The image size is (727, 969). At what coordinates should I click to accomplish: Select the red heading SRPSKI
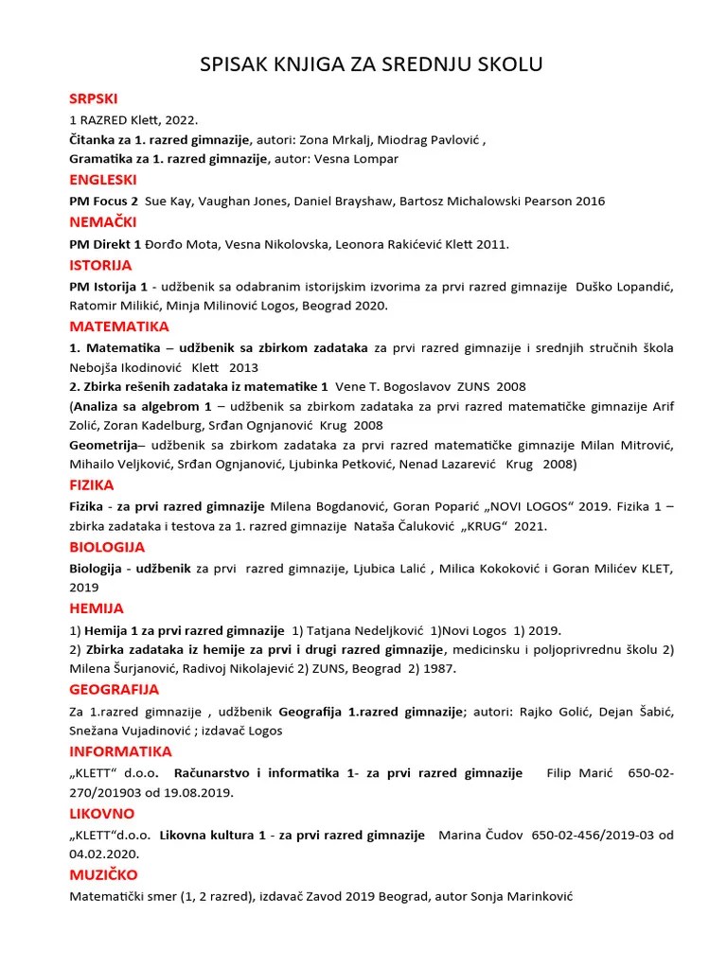[x=94, y=98]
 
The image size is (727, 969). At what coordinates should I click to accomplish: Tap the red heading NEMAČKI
[x=103, y=221]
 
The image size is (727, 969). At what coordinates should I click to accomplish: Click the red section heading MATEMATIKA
[x=119, y=326]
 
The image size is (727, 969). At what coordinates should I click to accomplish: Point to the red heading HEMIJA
[x=97, y=608]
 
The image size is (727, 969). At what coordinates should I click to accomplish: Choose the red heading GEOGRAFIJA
[x=115, y=689]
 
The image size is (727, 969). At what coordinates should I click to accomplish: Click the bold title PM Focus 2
[x=104, y=201]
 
